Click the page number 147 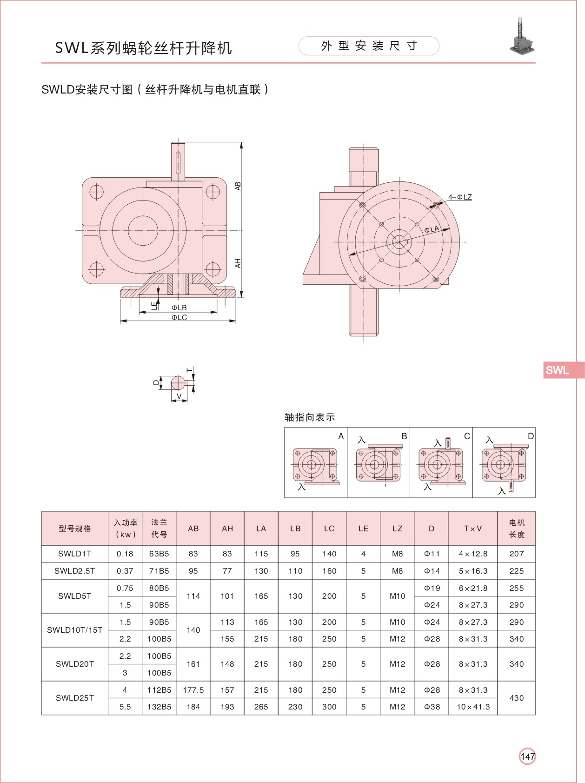(527, 756)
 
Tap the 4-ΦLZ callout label (460, 197)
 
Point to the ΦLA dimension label (432, 229)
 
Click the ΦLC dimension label (179, 318)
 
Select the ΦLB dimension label (179, 308)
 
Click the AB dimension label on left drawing (238, 186)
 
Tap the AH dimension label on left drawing (238, 263)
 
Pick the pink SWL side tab (563, 370)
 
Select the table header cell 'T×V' (472, 529)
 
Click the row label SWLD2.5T (74, 571)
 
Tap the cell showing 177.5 (193, 690)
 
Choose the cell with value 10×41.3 (473, 707)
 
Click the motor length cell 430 (516, 698)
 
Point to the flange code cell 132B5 (159, 707)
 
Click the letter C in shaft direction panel (467, 436)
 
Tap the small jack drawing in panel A (315, 465)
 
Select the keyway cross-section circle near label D (178, 383)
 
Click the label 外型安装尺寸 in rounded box (369, 46)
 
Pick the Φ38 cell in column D (432, 707)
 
